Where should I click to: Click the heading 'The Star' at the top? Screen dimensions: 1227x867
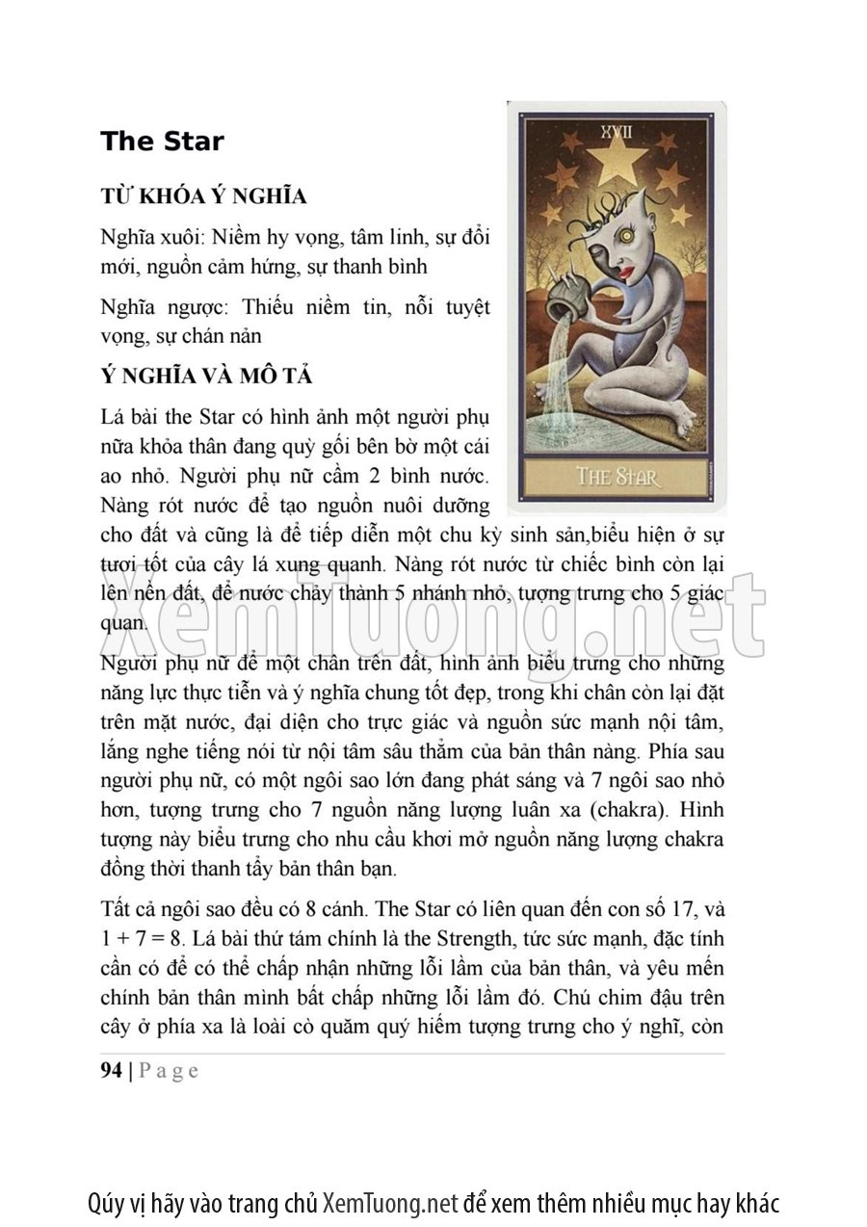162,142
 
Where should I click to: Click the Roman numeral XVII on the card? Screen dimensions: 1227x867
614,129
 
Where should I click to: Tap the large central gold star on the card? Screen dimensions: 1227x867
615,161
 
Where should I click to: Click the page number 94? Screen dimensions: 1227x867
111,1071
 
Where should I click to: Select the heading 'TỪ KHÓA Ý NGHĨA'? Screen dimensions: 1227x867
203,196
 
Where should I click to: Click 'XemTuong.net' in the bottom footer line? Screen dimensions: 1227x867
389,1203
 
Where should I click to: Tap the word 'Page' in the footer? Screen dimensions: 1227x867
169,1071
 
